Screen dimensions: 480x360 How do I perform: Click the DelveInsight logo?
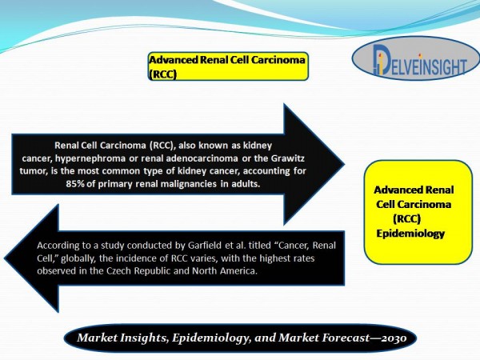(x=416, y=58)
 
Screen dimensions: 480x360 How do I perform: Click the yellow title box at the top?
(x=228, y=66)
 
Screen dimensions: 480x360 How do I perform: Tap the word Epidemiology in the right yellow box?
(x=410, y=234)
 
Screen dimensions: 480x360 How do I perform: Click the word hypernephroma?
(x=90, y=159)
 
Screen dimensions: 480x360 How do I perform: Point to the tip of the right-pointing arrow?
(x=345, y=164)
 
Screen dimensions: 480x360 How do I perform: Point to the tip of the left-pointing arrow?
(x=4, y=258)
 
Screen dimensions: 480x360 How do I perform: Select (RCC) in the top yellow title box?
(x=162, y=74)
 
